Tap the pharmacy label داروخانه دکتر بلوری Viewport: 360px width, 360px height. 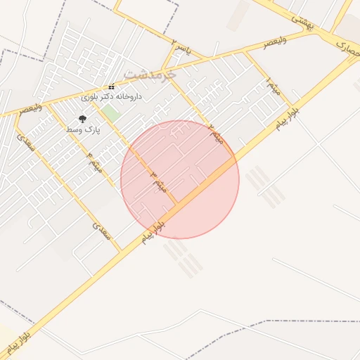111,96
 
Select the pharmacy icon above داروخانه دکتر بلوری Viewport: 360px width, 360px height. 111,86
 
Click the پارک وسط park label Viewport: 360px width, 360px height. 84,130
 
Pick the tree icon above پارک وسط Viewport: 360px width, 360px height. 83,120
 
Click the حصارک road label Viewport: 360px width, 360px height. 347,48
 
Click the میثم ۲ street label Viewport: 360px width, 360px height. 215,133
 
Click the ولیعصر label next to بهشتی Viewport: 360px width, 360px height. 276,44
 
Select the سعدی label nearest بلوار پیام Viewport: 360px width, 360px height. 103,230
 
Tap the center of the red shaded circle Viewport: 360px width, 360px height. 180,179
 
